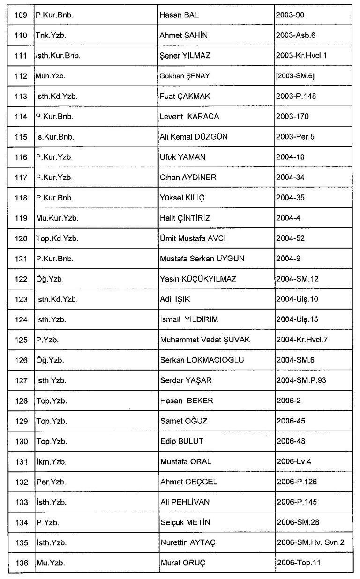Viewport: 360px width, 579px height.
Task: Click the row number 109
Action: pyautogui.click(x=21, y=15)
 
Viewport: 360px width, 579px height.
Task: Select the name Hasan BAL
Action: pyautogui.click(x=179, y=15)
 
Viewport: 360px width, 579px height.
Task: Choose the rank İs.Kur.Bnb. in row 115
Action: pyautogui.click(x=55, y=137)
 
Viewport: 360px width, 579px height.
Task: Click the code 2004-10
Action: pyautogui.click(x=290, y=157)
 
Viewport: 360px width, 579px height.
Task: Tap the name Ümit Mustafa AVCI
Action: pyautogui.click(x=193, y=238)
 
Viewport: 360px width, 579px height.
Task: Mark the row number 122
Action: pyautogui.click(x=21, y=279)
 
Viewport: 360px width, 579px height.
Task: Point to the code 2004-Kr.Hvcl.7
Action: pyautogui.click(x=302, y=340)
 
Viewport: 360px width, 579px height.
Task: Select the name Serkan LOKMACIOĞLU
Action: pyautogui.click(x=202, y=360)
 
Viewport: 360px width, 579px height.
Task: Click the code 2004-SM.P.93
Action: pyautogui.click(x=301, y=380)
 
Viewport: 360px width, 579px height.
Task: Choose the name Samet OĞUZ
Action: pyautogui.click(x=183, y=421)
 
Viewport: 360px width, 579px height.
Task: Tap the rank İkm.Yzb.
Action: pyautogui.click(x=51, y=461)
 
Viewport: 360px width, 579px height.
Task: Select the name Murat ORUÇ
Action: pyautogui.click(x=183, y=563)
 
